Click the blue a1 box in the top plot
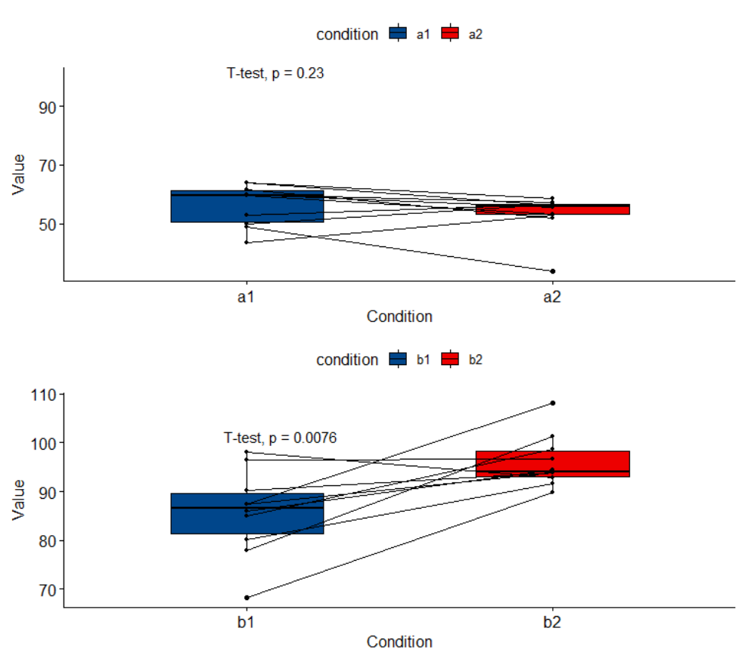coord(247,206)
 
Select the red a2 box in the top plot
coord(553,209)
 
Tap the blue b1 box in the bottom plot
coord(247,514)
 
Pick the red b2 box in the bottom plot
coord(553,464)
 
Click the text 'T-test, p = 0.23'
coord(275,73)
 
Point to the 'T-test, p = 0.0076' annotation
coord(280,438)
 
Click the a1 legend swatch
coord(398,33)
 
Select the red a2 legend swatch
coord(450,33)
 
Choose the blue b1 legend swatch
coord(398,359)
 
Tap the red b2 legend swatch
coord(450,359)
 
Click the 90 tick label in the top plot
coord(48,107)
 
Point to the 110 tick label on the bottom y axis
coord(43,395)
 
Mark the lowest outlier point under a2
coord(553,271)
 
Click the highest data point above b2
coord(553,403)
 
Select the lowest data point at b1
coord(247,597)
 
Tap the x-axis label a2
coord(552,297)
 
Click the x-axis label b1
coord(246,622)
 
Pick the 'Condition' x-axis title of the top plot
coord(399,317)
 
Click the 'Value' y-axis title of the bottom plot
coord(18,500)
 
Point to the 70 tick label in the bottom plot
coord(48,590)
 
